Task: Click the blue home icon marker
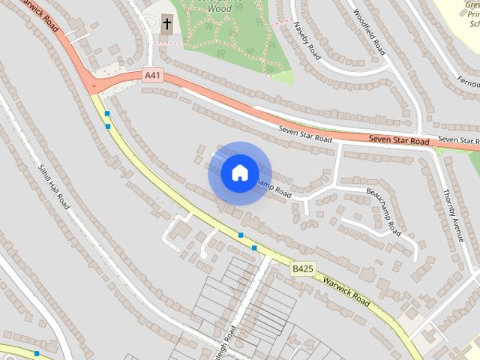click(239, 173)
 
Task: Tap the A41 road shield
click(152, 76)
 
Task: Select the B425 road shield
click(302, 268)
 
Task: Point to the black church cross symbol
click(166, 23)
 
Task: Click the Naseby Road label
click(307, 41)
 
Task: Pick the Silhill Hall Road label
click(55, 187)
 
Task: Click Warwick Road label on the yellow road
click(346, 290)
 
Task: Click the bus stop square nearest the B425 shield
click(254, 247)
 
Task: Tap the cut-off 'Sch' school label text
click(473, 22)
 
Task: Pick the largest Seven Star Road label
click(398, 140)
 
